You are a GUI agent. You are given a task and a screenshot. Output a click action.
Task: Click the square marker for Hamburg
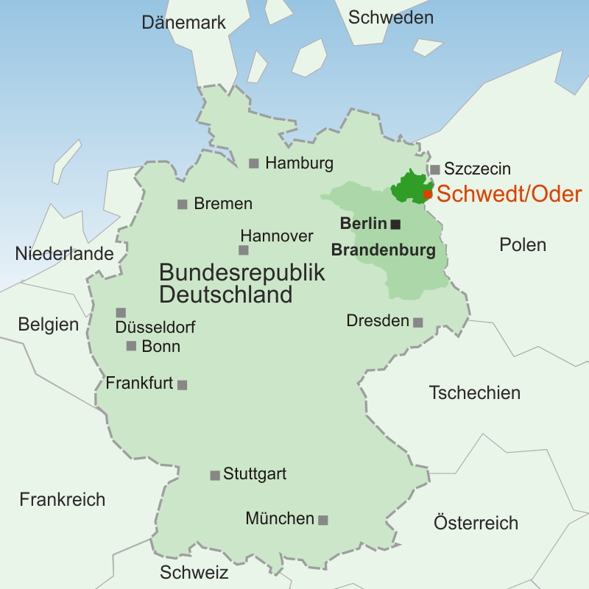click(254, 163)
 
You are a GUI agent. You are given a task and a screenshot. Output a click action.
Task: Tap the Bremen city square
click(183, 204)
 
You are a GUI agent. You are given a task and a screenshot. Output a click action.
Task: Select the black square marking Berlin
click(396, 224)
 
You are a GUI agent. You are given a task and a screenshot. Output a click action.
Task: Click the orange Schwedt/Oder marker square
click(428, 194)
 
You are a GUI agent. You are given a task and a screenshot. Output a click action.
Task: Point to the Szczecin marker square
click(435, 169)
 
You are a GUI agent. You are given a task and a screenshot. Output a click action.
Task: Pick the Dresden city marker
click(418, 322)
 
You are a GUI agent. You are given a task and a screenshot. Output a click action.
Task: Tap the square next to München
click(322, 520)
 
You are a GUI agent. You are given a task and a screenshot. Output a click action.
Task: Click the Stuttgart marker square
click(215, 476)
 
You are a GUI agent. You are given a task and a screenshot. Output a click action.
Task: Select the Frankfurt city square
click(183, 384)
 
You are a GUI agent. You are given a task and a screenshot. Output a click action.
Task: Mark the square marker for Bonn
click(132, 346)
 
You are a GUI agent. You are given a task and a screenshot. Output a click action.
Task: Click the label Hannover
click(277, 236)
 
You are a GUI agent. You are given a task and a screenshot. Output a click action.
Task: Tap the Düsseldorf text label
click(155, 328)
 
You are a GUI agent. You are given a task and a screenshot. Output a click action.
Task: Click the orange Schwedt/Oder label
click(509, 194)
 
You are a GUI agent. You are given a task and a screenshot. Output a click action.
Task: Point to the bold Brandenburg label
click(383, 250)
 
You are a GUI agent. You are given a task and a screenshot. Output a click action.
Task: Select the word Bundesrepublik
click(242, 272)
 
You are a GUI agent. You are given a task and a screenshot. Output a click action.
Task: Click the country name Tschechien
click(474, 392)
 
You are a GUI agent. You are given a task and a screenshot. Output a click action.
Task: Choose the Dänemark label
click(183, 23)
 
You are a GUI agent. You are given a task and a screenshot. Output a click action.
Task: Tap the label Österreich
click(476, 523)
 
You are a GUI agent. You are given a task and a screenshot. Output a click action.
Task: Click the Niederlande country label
click(64, 254)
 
